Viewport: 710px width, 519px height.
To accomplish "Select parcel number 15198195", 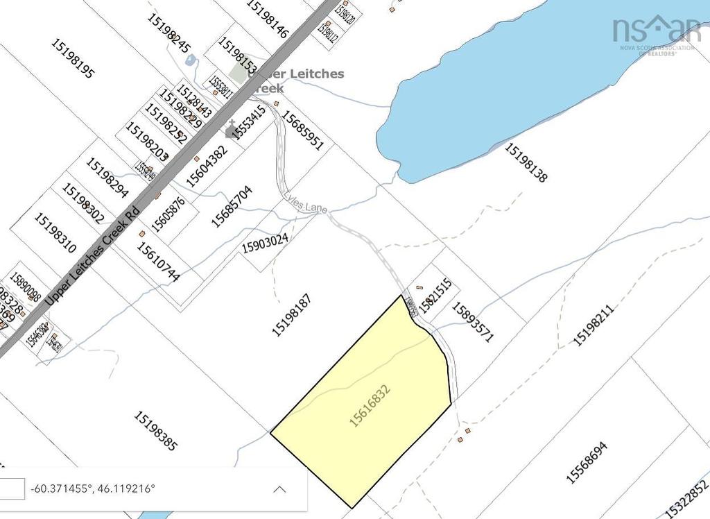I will (x=72, y=58).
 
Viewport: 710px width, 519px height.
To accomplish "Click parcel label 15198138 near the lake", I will (x=526, y=162).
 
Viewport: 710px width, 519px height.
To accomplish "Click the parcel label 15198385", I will (x=155, y=431).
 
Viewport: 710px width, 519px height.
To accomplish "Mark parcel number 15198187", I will (x=291, y=316).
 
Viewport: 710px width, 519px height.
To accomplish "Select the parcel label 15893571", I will (x=472, y=321).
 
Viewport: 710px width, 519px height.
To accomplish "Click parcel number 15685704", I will (x=232, y=206).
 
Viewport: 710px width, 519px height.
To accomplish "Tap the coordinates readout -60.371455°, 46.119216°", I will (x=94, y=488).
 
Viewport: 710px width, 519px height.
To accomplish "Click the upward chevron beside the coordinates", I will (x=279, y=489).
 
